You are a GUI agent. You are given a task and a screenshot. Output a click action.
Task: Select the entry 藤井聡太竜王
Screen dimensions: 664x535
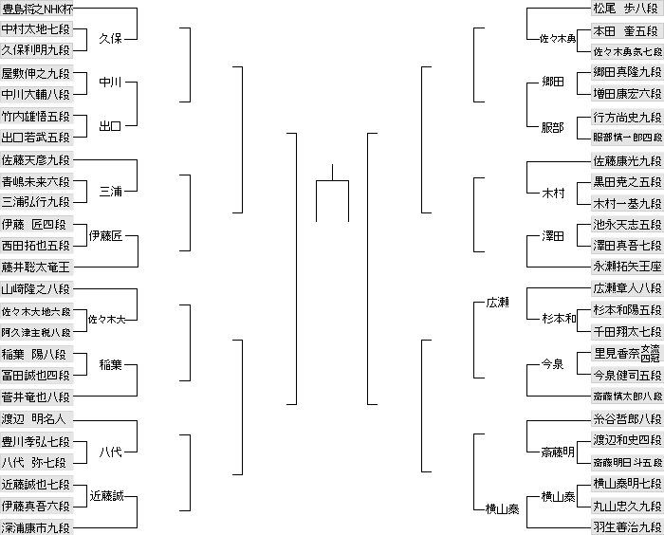click(36, 267)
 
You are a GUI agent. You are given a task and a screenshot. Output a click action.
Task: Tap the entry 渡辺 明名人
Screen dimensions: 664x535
click(36, 418)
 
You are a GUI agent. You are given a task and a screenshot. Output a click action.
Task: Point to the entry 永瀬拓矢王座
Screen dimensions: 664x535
click(626, 267)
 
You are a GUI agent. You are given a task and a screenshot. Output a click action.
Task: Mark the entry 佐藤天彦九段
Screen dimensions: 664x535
click(36, 159)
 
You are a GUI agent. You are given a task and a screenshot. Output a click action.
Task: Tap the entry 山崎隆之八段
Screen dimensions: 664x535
click(36, 289)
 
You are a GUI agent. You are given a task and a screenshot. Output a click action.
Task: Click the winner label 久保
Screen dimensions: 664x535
click(112, 39)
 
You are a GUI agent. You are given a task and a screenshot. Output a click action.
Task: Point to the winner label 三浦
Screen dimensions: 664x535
click(112, 192)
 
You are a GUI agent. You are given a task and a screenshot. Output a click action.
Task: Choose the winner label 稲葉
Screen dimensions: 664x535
click(112, 364)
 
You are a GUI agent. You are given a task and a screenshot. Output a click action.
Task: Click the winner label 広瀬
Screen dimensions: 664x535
click(498, 303)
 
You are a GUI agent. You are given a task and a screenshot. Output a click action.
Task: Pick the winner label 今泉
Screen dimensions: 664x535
click(553, 364)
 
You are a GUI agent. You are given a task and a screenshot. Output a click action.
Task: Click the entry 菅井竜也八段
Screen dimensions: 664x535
click(36, 397)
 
